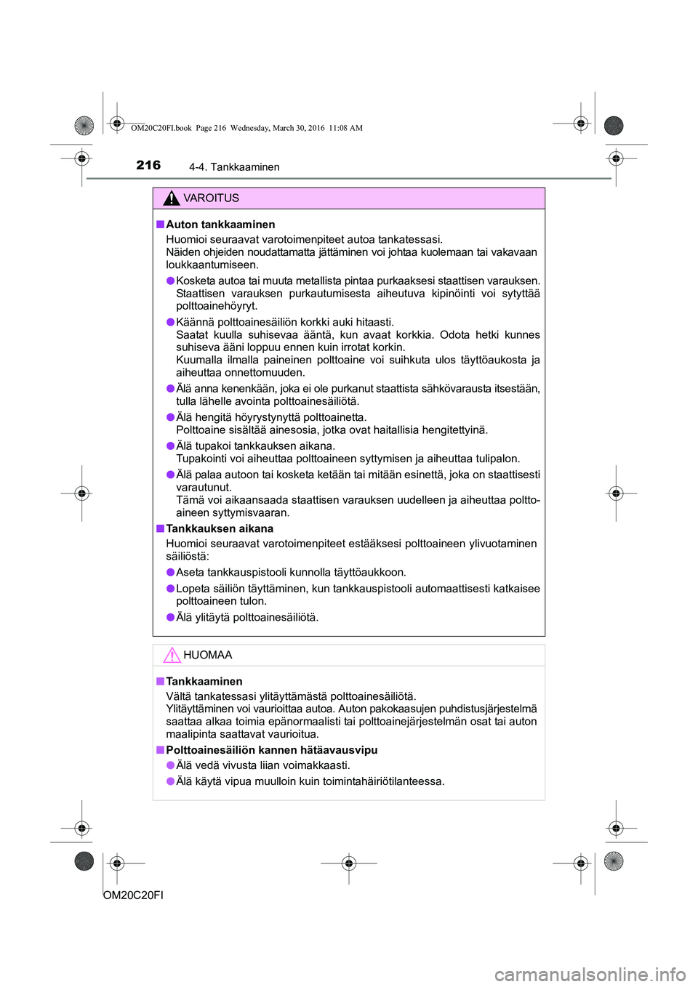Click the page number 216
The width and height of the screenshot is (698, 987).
tap(148, 165)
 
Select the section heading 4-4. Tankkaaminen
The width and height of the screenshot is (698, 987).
tap(234, 167)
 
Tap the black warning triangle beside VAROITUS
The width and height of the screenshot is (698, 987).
tap(172, 198)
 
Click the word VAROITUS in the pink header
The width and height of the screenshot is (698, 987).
tap(211, 198)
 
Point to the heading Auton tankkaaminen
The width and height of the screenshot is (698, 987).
tap(220, 225)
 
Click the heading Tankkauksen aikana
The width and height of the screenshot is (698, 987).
tap(220, 528)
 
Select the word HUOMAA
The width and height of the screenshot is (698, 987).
tap(208, 655)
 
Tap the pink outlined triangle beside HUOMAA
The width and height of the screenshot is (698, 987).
tap(172, 655)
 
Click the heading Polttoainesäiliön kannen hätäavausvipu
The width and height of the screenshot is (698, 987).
tap(271, 749)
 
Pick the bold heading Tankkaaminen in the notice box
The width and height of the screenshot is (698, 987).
tap(204, 681)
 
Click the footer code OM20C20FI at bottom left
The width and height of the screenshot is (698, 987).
tap(134, 895)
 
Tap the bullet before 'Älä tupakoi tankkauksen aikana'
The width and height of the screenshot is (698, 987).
tap(170, 446)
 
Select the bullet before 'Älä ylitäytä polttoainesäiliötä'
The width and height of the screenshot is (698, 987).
tap(170, 617)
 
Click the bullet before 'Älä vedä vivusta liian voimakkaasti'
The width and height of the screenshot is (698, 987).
tap(170, 765)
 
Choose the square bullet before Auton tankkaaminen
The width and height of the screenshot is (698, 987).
tap(160, 225)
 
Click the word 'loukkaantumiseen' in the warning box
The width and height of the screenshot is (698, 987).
tap(212, 265)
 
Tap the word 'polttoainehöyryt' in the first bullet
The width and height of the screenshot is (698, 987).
tap(217, 306)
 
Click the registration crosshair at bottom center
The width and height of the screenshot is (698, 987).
tap(349, 863)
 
